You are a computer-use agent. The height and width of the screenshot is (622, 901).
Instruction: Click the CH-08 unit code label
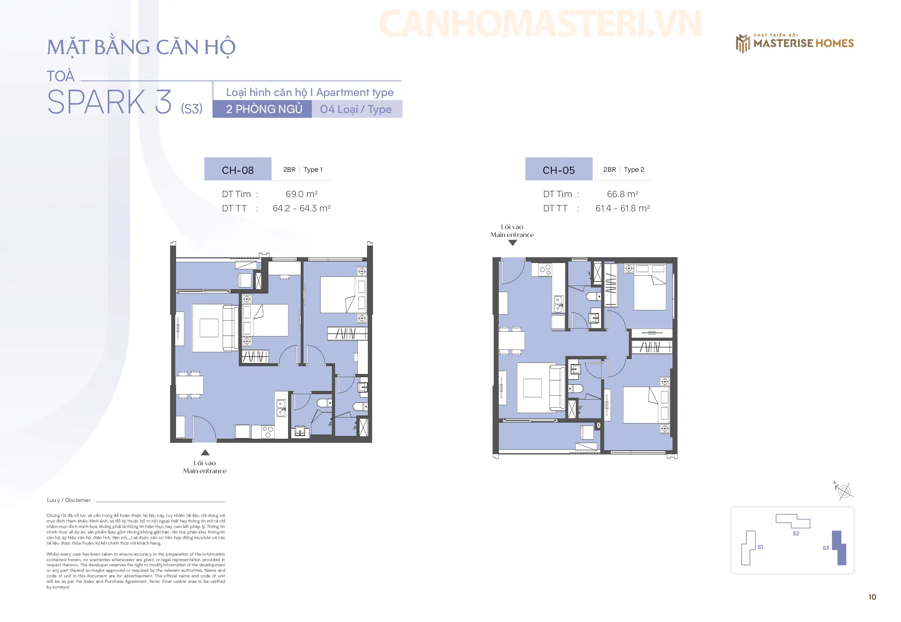point(238,170)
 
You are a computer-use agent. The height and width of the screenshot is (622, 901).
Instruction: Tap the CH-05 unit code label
point(558,170)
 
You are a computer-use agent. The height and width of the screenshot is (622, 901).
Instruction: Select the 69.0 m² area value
point(302,194)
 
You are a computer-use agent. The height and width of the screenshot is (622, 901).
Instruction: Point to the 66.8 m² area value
point(622,194)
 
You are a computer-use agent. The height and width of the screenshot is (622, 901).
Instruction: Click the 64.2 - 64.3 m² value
point(302,208)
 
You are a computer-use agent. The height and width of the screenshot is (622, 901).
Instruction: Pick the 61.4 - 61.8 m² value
point(622,208)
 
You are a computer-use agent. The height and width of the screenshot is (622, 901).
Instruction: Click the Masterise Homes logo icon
point(743,43)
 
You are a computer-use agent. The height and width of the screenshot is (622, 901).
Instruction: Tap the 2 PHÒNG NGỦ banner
point(262,109)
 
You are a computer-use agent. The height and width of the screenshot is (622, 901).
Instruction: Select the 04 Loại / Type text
point(356,109)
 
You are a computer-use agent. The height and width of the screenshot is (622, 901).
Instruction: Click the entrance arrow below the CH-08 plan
point(205,452)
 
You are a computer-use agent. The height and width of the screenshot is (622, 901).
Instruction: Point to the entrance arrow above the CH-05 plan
point(512,243)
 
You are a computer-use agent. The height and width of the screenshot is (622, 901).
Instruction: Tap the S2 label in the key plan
point(796,534)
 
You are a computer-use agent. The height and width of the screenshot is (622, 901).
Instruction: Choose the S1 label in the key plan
point(760,547)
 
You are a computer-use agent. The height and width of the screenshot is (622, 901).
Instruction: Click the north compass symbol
point(844,491)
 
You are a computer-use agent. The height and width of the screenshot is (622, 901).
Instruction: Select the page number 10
point(872,597)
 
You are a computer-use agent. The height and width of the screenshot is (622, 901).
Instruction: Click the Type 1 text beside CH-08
point(313,169)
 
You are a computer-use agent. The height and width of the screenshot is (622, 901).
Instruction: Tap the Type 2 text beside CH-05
point(634,169)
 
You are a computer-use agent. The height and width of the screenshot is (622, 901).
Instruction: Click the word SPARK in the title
point(96,102)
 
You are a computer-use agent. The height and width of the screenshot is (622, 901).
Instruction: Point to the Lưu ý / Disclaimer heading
point(69,500)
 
